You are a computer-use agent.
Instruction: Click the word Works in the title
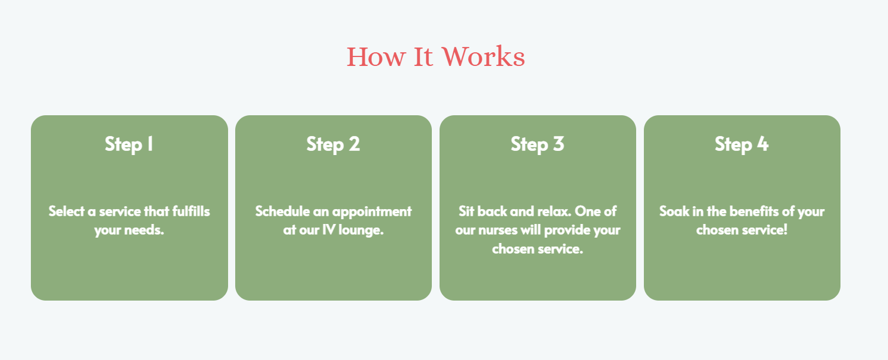(x=483, y=56)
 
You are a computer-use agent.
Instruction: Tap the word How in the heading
(x=376, y=56)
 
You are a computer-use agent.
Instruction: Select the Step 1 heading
(x=129, y=144)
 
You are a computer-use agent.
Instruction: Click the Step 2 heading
(x=333, y=144)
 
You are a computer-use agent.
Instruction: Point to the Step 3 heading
(x=538, y=144)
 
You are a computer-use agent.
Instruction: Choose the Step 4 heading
(x=742, y=144)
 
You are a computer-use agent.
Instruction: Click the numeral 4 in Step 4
(x=763, y=144)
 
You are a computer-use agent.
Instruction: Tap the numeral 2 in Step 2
(x=355, y=144)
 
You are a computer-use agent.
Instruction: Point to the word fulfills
(x=191, y=211)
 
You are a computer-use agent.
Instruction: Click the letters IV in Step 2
(x=328, y=230)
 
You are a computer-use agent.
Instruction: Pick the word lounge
(x=361, y=230)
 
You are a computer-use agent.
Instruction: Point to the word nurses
(x=498, y=230)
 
